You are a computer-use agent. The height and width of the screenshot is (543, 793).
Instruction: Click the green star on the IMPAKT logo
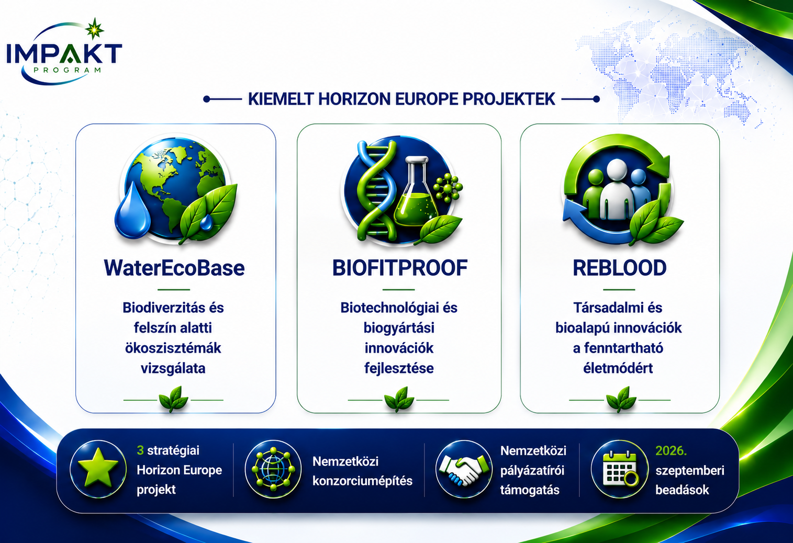(95, 29)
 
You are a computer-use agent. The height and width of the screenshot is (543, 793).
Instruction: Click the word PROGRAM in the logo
(68, 70)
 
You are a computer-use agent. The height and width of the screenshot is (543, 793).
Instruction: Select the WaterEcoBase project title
(174, 268)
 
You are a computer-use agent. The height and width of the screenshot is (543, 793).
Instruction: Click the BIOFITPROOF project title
(400, 268)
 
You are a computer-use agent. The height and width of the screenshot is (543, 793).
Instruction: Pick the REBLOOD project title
(620, 268)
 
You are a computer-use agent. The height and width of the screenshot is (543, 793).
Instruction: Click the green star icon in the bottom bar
(98, 469)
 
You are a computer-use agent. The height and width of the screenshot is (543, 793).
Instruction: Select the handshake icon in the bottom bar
(464, 469)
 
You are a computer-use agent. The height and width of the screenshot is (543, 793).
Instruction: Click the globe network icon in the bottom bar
(273, 469)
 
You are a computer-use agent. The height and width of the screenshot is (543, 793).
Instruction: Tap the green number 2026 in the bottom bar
(671, 451)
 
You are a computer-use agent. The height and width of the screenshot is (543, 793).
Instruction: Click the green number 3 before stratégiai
(140, 451)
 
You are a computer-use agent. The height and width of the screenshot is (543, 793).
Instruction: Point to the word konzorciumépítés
(363, 481)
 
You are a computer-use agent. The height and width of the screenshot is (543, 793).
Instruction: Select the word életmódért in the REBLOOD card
(618, 368)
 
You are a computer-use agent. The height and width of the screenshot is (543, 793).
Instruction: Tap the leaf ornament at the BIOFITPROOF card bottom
(399, 399)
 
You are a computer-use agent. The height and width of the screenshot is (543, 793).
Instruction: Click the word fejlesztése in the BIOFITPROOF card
(399, 368)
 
